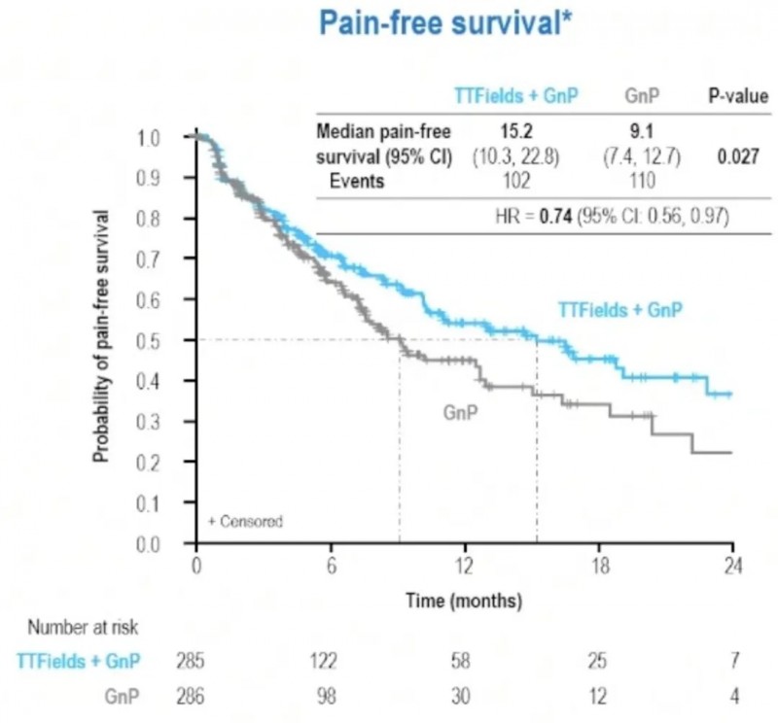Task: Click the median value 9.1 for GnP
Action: click(x=640, y=131)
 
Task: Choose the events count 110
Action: click(x=640, y=181)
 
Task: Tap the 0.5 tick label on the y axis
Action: click(x=147, y=341)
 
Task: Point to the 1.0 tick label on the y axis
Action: click(x=147, y=138)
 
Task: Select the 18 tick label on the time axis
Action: click(x=598, y=568)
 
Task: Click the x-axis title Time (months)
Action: click(x=464, y=600)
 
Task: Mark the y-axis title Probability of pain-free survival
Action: click(x=101, y=334)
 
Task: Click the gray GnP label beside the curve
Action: click(x=459, y=412)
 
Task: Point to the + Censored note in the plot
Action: click(x=245, y=522)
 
